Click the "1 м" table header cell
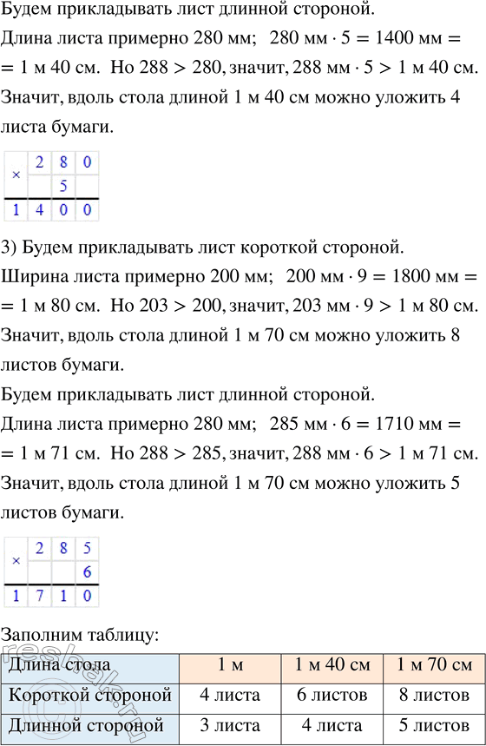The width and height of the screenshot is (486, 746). click(230, 666)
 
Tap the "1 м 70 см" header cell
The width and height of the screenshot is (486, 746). click(433, 666)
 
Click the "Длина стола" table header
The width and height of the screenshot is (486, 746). click(61, 666)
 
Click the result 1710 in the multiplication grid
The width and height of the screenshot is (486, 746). click(51, 597)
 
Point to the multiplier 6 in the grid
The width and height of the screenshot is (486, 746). click(86, 573)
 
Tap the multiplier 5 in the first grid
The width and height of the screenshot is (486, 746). click(62, 187)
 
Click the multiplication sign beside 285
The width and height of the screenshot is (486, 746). click(16, 560)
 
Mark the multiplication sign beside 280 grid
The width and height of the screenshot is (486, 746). click(16, 174)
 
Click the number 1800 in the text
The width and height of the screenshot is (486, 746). click(392, 277)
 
